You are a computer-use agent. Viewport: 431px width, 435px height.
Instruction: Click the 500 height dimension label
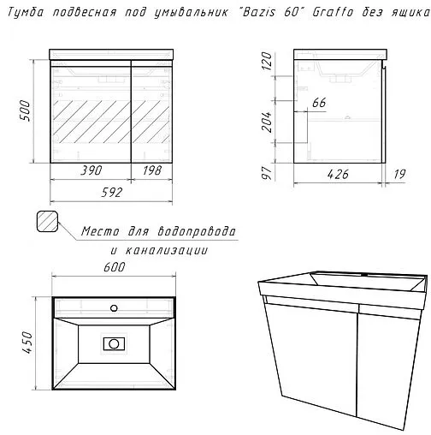click(26, 110)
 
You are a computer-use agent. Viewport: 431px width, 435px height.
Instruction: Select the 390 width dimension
click(92, 170)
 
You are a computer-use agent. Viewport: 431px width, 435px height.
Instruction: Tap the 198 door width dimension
click(152, 170)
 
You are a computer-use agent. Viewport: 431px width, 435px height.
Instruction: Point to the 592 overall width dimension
click(112, 193)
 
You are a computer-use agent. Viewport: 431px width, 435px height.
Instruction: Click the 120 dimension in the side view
click(267, 61)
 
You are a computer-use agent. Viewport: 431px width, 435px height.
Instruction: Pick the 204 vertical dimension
click(267, 122)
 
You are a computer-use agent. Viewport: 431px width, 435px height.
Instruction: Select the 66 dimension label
click(319, 103)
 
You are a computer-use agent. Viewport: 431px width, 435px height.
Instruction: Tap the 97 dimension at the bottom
click(267, 173)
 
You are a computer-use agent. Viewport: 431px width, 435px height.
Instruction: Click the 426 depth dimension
click(338, 174)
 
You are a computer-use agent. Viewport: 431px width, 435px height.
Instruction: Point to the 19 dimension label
click(399, 174)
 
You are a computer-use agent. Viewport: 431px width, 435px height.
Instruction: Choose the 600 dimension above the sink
click(115, 267)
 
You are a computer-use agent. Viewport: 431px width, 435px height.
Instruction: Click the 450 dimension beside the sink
click(28, 343)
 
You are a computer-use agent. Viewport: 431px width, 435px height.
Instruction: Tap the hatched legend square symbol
click(47, 222)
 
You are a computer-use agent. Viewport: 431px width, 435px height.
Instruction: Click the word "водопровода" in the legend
click(197, 231)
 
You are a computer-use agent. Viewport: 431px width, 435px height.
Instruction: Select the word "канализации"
click(167, 251)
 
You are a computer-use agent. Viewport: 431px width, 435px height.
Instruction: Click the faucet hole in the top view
click(114, 308)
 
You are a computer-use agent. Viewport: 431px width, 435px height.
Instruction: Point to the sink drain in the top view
click(114, 344)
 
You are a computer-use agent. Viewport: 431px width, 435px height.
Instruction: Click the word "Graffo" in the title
click(333, 12)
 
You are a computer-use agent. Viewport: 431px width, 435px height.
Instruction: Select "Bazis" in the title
click(259, 12)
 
